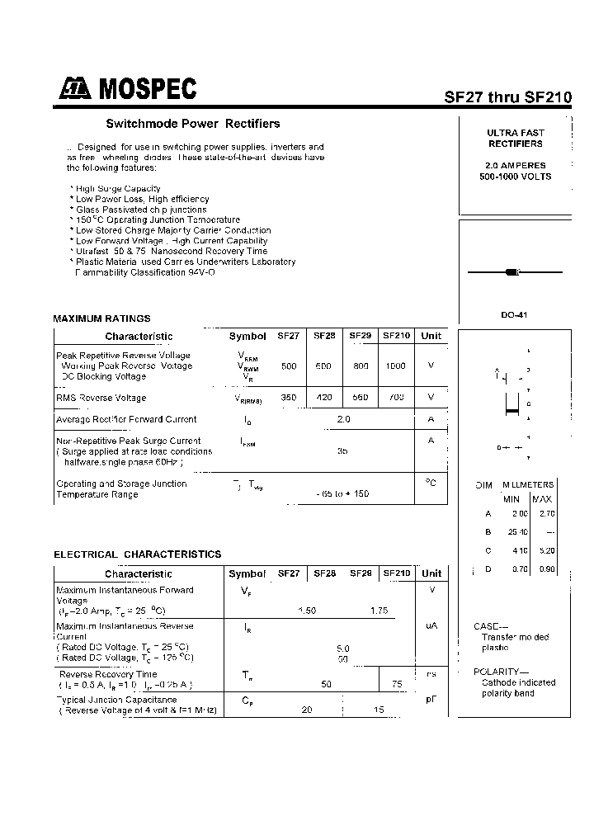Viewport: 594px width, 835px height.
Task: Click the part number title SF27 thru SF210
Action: coord(508,96)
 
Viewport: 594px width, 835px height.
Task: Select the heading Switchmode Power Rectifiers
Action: coord(193,124)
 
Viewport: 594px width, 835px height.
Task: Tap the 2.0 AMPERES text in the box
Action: coord(516,166)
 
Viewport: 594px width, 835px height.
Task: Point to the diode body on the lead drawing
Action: coord(511,271)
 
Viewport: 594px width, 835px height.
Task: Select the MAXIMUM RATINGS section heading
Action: coord(101,318)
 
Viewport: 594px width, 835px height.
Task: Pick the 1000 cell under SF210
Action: coord(396,366)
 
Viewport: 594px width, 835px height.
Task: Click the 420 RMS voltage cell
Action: coord(324,398)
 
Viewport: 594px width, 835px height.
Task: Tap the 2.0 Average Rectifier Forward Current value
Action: coord(344,419)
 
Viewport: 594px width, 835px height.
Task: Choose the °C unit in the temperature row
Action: coord(431,483)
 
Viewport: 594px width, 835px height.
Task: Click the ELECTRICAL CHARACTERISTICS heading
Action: coord(138,554)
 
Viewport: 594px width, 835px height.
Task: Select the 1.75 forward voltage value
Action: coord(379,611)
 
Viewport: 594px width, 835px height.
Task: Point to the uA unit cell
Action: coord(431,626)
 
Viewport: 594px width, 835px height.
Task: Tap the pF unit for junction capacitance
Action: coord(431,699)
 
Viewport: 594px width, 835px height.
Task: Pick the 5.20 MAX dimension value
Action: coord(547,550)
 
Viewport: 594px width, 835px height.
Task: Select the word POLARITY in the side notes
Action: coord(496,672)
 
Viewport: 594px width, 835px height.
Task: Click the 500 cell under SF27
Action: coord(289,366)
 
